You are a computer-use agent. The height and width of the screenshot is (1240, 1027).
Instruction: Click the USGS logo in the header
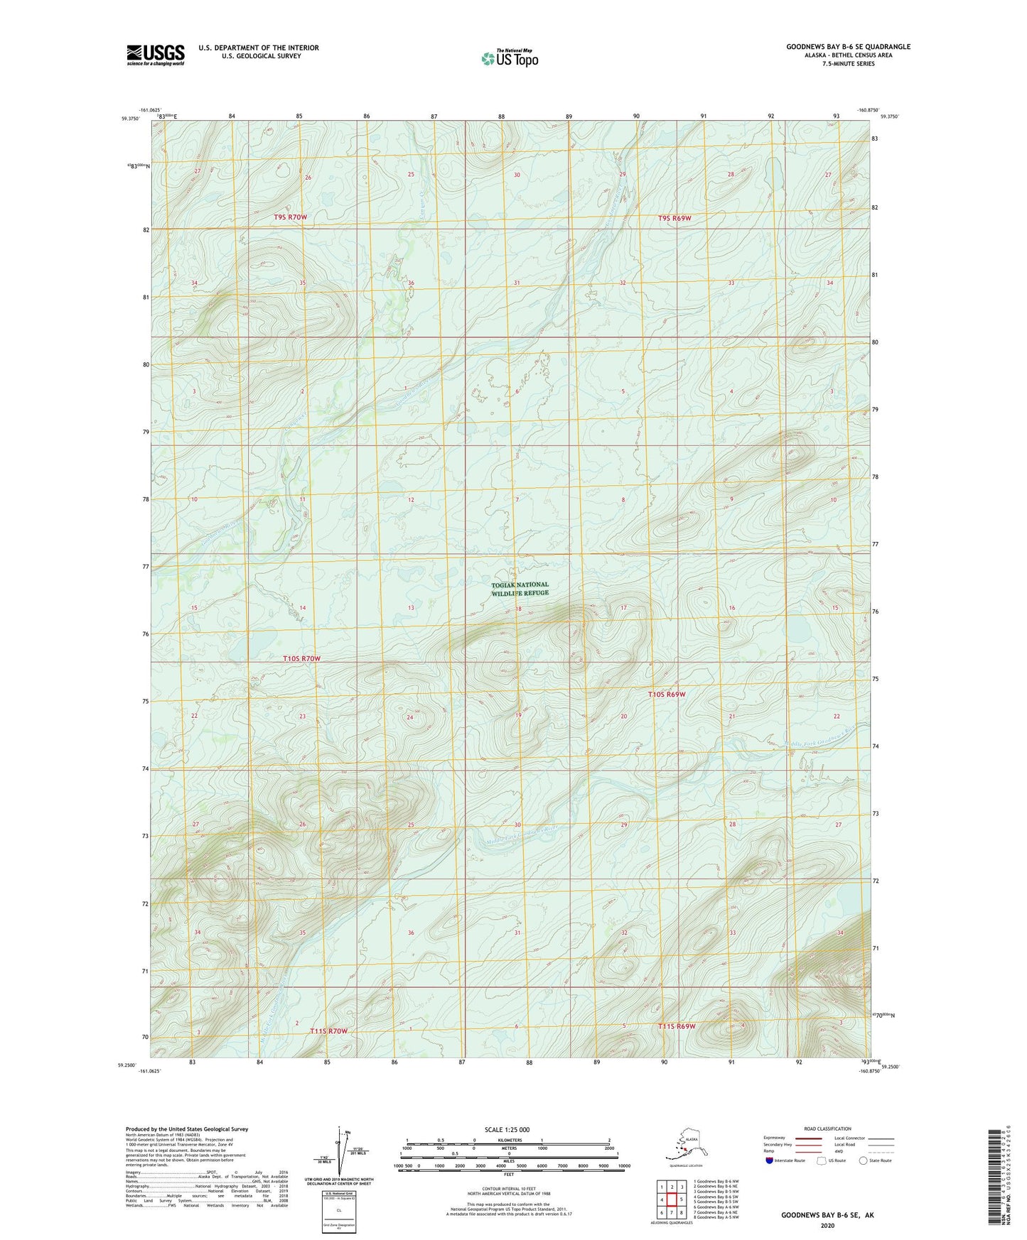coord(155,55)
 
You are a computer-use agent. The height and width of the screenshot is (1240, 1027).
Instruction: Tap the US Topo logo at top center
coord(509,58)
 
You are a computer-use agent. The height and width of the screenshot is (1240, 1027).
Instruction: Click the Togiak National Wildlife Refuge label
coord(520,589)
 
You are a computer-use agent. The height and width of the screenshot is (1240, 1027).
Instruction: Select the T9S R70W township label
coord(291,217)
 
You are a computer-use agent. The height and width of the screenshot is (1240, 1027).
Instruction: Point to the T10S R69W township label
coord(667,694)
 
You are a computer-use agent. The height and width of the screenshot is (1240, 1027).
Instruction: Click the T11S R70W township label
coord(328,1030)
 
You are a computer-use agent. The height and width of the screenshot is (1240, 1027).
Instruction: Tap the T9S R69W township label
coord(674,218)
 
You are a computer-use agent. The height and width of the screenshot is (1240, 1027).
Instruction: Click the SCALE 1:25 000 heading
coord(507,1129)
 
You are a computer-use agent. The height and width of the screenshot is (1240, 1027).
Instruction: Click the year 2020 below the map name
coord(827,1225)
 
